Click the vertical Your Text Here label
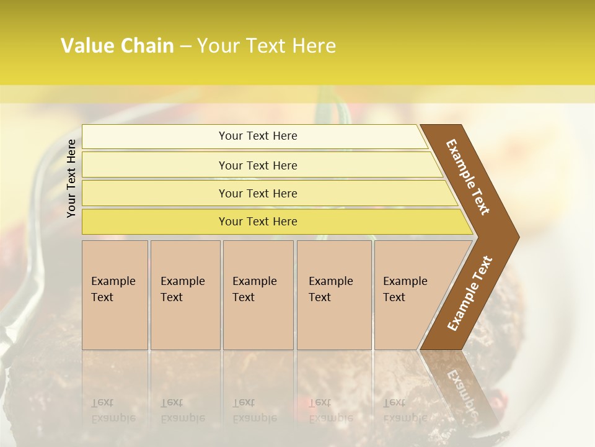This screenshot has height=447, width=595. tap(71, 178)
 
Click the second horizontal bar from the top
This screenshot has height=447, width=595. tap(258, 165)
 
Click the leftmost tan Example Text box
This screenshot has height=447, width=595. tap(115, 295)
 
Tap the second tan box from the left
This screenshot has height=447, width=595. tap(185, 295)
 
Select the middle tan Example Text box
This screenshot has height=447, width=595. tap(258, 295)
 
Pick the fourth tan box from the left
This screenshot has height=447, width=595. tap(334, 295)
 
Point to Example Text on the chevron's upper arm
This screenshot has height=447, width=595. tap(467, 178)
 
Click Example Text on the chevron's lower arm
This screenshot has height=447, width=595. tap(469, 293)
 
